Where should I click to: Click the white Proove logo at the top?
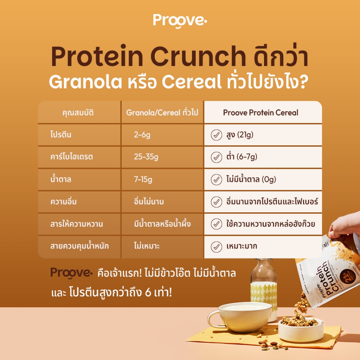pos(180,21)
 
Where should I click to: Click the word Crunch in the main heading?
pos(198,56)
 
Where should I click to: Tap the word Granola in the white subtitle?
pos(85,82)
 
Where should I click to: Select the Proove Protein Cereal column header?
pos(261,112)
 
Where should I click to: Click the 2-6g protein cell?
pos(142,135)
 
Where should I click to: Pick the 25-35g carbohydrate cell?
pos(146,157)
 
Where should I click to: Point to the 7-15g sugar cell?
pos(143,179)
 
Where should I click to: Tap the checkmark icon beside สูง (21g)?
pos(216,135)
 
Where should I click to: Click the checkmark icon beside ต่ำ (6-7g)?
pos(216,157)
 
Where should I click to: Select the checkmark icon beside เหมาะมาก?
pos(216,247)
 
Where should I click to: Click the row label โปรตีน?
pos(61,134)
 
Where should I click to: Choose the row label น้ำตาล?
pos(61,179)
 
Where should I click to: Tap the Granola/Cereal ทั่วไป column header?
pos(162,112)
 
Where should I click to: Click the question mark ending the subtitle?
pos(303,82)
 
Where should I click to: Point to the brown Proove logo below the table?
pos(71,273)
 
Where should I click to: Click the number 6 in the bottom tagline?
pos(148,292)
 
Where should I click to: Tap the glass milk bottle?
pos(264,287)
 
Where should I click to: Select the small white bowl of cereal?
pos(301,330)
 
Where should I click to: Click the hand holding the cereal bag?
pos(345,225)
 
